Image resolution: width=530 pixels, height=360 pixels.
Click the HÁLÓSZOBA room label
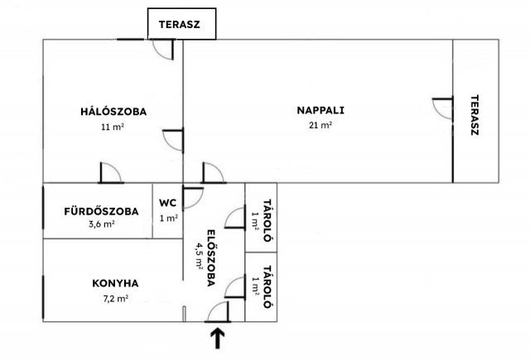[113, 112]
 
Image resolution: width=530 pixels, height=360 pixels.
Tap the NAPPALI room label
[320, 110]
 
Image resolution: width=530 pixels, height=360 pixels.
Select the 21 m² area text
[320, 125]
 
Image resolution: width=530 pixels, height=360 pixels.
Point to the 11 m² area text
[113, 127]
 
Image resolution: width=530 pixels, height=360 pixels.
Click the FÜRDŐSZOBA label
[101, 211]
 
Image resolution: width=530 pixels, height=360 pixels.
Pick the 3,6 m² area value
[101, 224]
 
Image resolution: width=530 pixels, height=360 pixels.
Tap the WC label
[167, 203]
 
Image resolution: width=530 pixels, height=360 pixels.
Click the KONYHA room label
[115, 283]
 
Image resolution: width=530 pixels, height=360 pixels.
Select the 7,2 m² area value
[116, 299]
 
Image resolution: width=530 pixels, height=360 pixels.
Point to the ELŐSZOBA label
[211, 258]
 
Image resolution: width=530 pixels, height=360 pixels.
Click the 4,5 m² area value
[198, 256]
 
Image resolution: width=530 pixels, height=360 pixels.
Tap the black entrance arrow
[218, 338]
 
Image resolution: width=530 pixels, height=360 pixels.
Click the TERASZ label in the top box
[180, 24]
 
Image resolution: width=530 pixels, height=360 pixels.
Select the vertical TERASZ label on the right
[475, 115]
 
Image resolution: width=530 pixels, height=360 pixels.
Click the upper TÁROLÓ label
[267, 220]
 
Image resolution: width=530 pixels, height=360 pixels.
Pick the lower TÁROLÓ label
[267, 286]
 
